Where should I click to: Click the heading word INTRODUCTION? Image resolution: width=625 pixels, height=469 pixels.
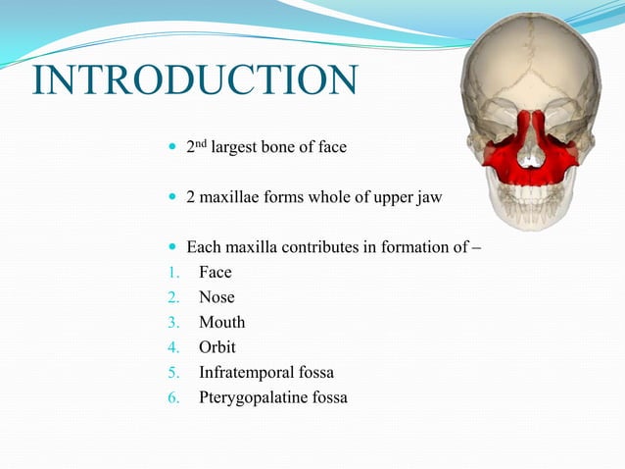(194, 81)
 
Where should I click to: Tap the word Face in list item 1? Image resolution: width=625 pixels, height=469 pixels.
(216, 273)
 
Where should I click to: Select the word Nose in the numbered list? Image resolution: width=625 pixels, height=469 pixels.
(216, 297)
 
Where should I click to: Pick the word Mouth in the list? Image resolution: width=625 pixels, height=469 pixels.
(222, 323)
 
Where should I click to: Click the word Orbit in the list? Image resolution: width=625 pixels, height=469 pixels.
(217, 347)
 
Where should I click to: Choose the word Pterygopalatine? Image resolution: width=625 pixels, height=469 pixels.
(250, 397)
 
